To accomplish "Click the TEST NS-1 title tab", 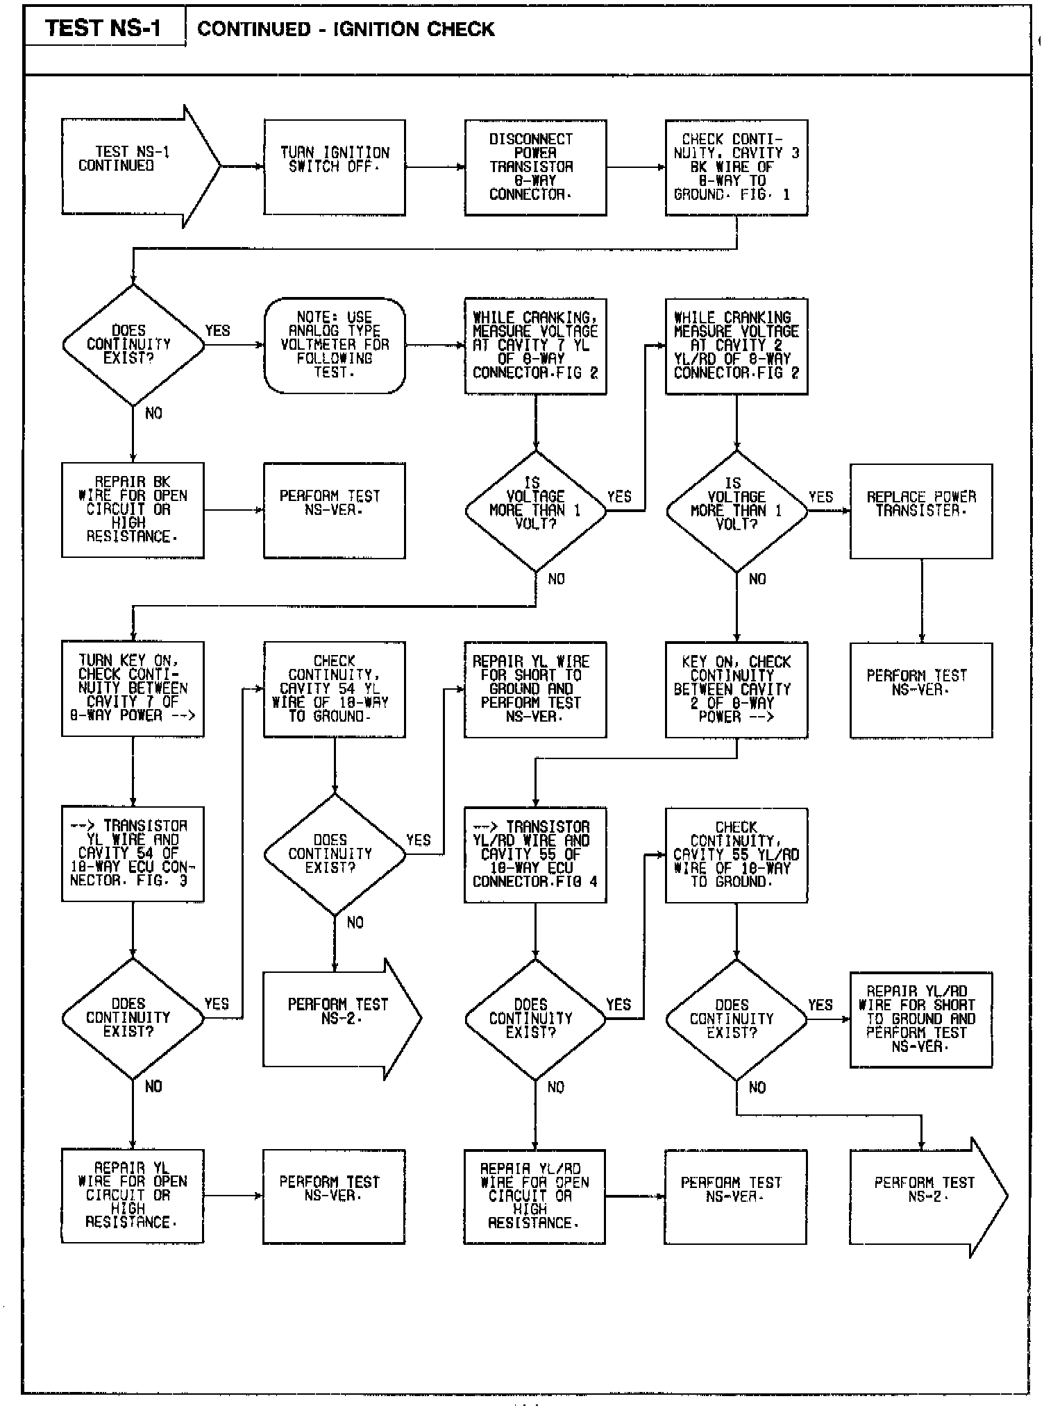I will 104,28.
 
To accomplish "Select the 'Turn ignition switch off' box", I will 335,167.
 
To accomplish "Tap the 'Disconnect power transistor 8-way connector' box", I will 535,167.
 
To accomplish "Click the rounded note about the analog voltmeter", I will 335,345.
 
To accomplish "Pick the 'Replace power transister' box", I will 921,511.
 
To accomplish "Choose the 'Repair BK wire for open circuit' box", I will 133,510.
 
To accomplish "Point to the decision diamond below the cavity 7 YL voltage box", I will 535,511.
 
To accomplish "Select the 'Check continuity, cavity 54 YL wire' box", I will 335,689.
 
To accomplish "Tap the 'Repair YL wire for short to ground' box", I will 535,689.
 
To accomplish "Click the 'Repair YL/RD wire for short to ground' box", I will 921,1019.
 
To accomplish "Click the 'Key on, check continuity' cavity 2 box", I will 736,689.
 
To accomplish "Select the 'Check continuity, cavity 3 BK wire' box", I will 736,167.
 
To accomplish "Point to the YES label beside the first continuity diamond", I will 217,331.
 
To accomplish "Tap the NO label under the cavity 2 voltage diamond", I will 757,579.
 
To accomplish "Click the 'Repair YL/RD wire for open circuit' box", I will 534,1196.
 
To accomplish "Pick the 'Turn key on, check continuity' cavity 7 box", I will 133,688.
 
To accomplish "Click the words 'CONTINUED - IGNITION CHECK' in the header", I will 346,29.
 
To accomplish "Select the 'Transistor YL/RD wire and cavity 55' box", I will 535,854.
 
